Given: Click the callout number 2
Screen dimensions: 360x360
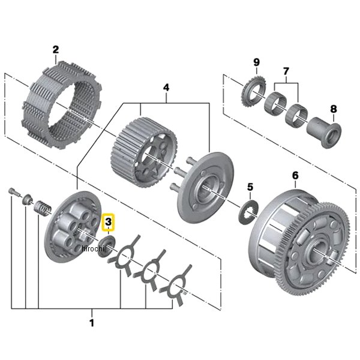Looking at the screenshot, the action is point(56,50).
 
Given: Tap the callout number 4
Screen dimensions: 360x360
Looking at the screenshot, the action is point(166,88).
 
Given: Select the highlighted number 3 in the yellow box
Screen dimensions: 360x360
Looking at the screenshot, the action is point(108,222).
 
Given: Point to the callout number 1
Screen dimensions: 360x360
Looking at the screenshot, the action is point(92,323).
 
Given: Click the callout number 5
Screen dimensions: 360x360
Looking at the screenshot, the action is point(250,187).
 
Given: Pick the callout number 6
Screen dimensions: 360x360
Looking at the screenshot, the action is point(295,175).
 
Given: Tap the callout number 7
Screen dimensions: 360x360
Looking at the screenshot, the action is point(286,71).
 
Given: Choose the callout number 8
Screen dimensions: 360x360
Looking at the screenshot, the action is point(334,109).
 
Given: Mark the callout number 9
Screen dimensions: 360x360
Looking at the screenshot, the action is point(256,62).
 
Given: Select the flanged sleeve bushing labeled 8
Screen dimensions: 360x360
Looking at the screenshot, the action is point(324,133).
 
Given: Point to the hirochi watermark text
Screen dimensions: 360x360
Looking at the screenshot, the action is point(93,248).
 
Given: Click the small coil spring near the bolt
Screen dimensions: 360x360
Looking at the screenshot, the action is point(43,208).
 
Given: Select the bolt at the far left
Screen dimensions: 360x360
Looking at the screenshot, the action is point(14,192).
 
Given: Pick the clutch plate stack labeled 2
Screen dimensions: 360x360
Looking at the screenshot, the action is point(62,105).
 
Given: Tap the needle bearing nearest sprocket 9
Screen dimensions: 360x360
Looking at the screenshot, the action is point(275,103).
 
